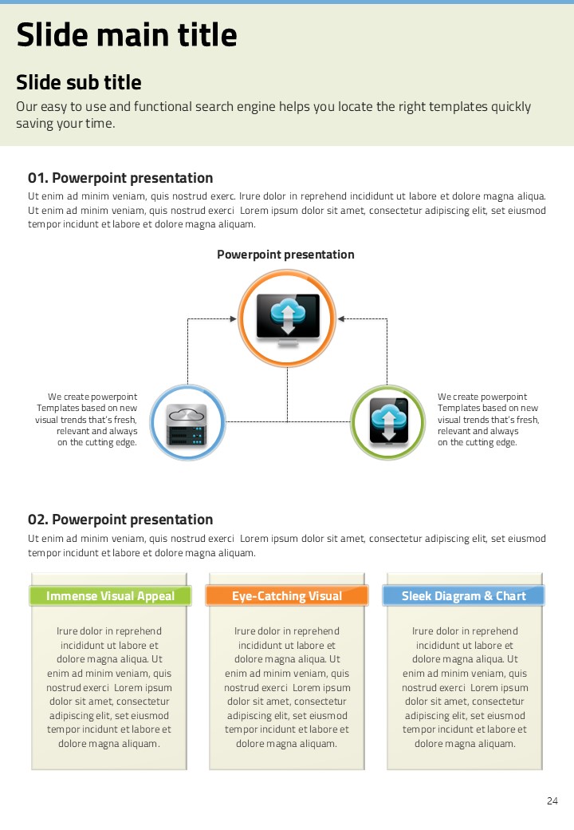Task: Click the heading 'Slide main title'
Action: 127,36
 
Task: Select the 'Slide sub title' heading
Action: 79,83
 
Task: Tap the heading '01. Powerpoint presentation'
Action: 120,178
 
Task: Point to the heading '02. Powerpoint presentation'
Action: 120,520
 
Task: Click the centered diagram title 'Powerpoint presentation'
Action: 285,255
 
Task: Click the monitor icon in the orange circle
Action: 287,318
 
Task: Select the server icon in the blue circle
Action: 187,423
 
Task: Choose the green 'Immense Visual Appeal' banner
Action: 110,596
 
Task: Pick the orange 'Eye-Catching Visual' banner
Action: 287,596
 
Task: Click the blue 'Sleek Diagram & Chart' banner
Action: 464,596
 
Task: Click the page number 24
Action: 552,801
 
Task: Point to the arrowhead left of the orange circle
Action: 233,319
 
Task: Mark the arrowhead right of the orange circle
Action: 340,319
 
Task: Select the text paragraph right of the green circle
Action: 488,420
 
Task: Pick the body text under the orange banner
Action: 287,687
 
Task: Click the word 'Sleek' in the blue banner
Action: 416,596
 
